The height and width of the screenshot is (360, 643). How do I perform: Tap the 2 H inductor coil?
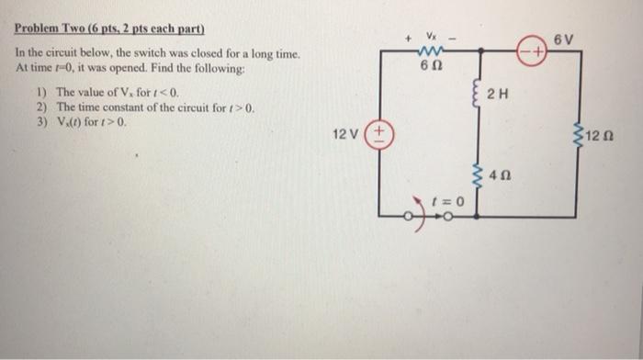pyautogui.click(x=476, y=94)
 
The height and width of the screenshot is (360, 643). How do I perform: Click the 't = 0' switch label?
pyautogui.click(x=450, y=197)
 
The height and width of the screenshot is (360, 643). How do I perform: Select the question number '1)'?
pyautogui.click(x=40, y=94)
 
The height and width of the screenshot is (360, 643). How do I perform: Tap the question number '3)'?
pyautogui.click(x=40, y=120)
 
